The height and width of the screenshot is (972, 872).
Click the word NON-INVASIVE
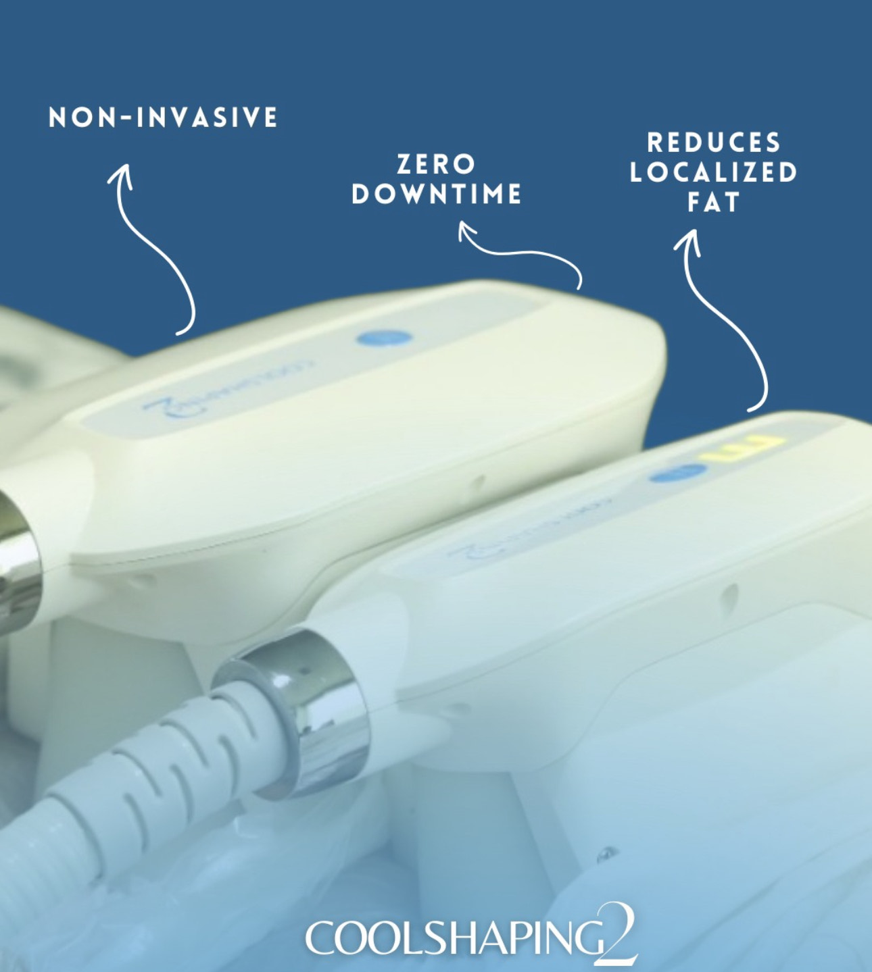coord(163,118)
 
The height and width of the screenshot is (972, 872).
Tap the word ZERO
coord(436,164)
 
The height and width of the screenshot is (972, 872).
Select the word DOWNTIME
coord(437,195)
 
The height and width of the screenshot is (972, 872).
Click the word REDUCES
coord(714,143)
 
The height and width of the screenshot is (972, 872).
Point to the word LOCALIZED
coord(714,172)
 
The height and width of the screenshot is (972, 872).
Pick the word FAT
coord(714,202)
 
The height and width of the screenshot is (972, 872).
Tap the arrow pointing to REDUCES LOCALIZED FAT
coord(723,317)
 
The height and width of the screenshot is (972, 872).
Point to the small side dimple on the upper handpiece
coord(479,481)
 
